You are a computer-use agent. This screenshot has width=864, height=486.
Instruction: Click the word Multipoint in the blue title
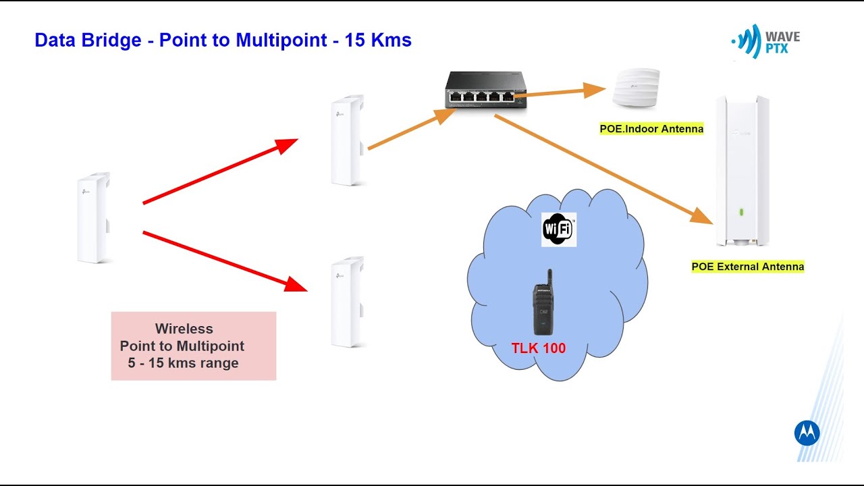pyautogui.click(x=281, y=40)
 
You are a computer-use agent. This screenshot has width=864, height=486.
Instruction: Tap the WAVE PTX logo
pyautogui.click(x=765, y=41)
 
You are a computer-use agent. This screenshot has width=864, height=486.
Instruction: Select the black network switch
pyautogui.click(x=486, y=90)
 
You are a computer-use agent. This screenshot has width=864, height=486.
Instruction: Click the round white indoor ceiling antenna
pyautogui.click(x=636, y=87)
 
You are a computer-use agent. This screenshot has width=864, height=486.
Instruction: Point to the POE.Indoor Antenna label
pyautogui.click(x=651, y=128)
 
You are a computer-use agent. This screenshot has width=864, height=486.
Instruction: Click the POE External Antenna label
pyautogui.click(x=747, y=267)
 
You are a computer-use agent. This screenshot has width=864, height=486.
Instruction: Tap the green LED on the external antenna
pyautogui.click(x=741, y=212)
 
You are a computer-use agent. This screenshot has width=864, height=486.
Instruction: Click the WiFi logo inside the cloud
pyautogui.click(x=558, y=230)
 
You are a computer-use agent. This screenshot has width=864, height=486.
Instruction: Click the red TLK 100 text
pyautogui.click(x=539, y=348)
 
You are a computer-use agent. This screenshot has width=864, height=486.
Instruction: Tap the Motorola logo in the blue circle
pyautogui.click(x=807, y=433)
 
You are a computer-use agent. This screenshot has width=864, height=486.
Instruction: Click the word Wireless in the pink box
pyautogui.click(x=184, y=329)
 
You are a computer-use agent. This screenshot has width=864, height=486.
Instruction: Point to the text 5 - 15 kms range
pyautogui.click(x=183, y=363)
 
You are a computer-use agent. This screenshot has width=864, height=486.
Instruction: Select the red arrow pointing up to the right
pyautogui.click(x=221, y=171)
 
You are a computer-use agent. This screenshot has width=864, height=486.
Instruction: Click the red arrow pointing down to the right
pyautogui.click(x=225, y=261)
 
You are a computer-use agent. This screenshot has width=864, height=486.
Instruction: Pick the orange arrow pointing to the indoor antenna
pyautogui.click(x=560, y=92)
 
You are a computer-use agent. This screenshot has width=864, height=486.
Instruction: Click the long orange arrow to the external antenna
pyautogui.click(x=603, y=169)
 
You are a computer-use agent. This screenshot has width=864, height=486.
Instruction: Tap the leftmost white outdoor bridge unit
pyautogui.click(x=94, y=218)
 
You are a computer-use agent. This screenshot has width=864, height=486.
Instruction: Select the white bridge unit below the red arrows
pyautogui.click(x=347, y=302)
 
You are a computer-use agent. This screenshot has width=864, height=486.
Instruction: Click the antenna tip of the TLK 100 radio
pyautogui.click(x=549, y=270)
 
